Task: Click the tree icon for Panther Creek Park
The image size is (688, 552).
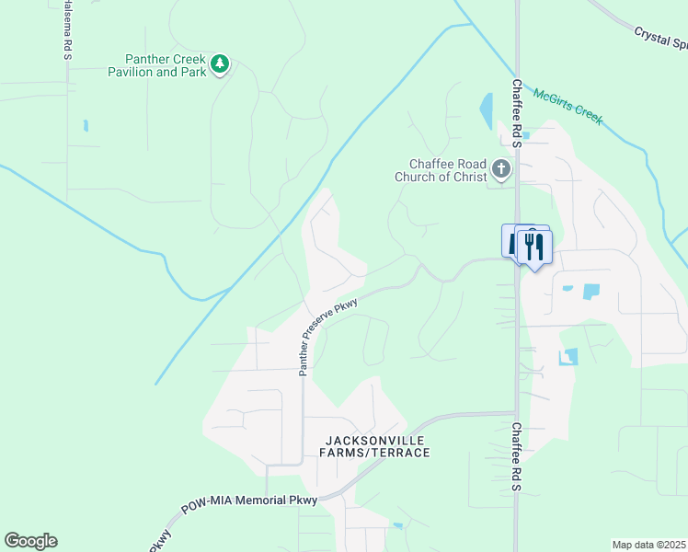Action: (220, 63)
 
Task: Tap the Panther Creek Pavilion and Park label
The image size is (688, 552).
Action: (156, 65)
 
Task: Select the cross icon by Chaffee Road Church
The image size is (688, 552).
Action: (500, 168)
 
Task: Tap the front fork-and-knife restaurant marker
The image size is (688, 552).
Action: (533, 246)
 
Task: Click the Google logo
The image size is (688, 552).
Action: (30, 541)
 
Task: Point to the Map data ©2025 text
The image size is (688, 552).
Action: (648, 545)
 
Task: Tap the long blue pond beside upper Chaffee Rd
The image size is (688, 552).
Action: (486, 112)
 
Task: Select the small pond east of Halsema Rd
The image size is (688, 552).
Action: (86, 125)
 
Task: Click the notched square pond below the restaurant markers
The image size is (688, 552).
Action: (569, 356)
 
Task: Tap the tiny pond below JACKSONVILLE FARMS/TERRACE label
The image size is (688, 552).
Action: (396, 526)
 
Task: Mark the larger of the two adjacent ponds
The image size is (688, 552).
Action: (590, 292)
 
